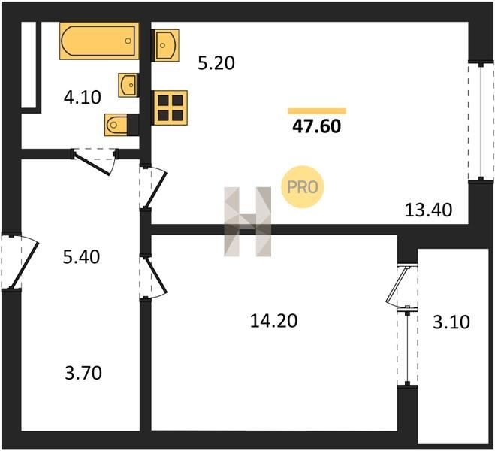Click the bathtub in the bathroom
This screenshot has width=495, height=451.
pyautogui.click(x=99, y=41)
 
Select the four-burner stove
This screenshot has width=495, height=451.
pyautogui.click(x=171, y=107)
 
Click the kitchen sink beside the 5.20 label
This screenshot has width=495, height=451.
pyautogui.click(x=166, y=45)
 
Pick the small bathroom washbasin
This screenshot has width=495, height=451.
pyautogui.click(x=128, y=85)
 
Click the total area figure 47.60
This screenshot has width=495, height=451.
pyautogui.click(x=317, y=126)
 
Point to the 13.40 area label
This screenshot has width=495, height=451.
pyautogui.click(x=428, y=210)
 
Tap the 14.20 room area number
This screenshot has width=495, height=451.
pyautogui.click(x=273, y=321)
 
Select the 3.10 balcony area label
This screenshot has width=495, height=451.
pyautogui.click(x=451, y=322)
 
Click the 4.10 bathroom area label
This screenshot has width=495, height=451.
pyautogui.click(x=83, y=97)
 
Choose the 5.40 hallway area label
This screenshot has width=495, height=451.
pyautogui.click(x=81, y=257)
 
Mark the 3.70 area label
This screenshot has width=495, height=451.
pyautogui.click(x=83, y=373)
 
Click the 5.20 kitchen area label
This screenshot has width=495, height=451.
pyautogui.click(x=216, y=63)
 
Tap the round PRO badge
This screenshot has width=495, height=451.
pyautogui.click(x=303, y=187)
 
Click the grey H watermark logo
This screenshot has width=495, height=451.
pyautogui.click(x=248, y=222)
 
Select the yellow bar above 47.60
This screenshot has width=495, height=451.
pyautogui.click(x=317, y=110)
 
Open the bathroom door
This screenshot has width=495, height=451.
pyautogui.click(x=95, y=161)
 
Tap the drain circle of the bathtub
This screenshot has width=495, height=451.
pyautogui.click(x=128, y=41)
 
